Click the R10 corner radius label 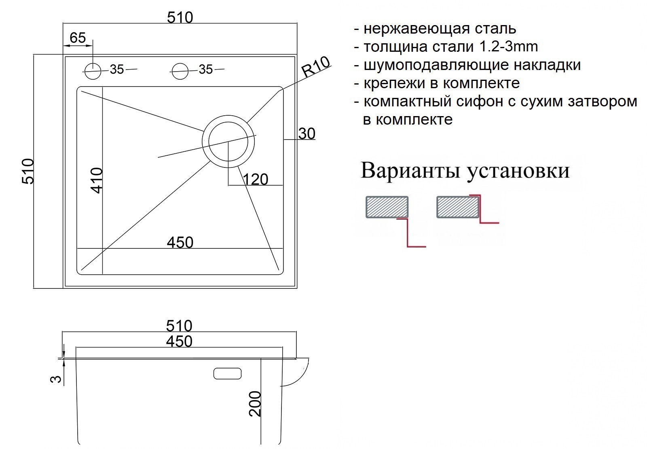click(x=315, y=67)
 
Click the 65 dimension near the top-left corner click(x=78, y=38)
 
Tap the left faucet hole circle click(x=93, y=71)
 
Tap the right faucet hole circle click(x=180, y=71)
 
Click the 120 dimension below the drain click(x=256, y=180)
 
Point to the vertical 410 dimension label click(x=97, y=180)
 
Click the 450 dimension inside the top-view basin click(x=180, y=242)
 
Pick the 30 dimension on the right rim click(x=307, y=134)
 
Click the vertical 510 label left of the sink click(x=28, y=172)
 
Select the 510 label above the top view click(x=180, y=18)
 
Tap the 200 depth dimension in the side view click(x=255, y=404)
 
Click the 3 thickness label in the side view click(x=56, y=379)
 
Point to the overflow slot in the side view click(x=227, y=374)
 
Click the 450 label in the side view click(x=179, y=341)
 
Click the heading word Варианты click(x=410, y=171)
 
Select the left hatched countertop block click(x=387, y=207)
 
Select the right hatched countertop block click(x=458, y=207)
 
